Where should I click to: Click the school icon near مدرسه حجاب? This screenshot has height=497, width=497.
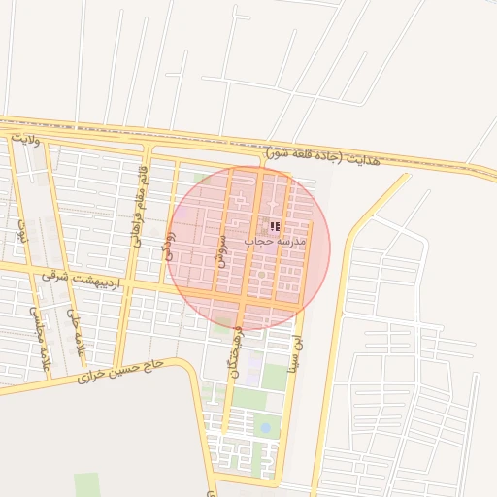coord(275,226)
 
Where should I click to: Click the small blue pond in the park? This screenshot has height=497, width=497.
coord(265,426)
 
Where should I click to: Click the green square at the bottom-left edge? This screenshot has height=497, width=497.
coord(87,484)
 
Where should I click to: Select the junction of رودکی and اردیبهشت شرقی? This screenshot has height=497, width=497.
coord(162,285)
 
